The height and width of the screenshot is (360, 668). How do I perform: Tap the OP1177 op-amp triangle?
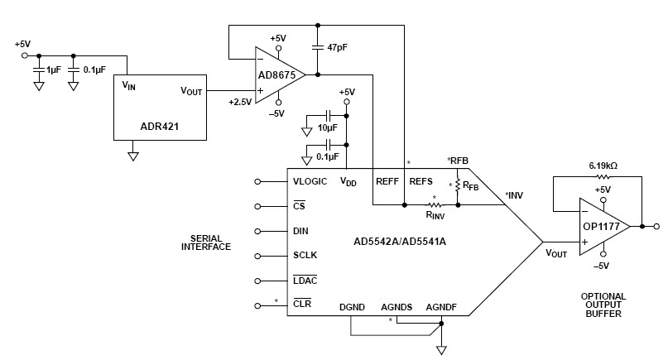pyautogui.click(x=601, y=226)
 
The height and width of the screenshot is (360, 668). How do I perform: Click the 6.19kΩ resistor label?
pyautogui.click(x=602, y=166)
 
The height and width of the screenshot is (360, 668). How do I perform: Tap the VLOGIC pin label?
pyautogui.click(x=310, y=181)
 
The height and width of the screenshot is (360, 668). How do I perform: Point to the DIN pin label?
pyautogui.click(x=301, y=231)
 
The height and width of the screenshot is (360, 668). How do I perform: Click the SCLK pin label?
pyautogui.click(x=305, y=256)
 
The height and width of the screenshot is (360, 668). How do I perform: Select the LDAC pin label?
pyautogui.click(x=305, y=281)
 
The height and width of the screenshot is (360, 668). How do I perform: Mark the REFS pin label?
pyautogui.click(x=421, y=181)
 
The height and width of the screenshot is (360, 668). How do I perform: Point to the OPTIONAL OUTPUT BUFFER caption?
pyautogui.click(x=603, y=305)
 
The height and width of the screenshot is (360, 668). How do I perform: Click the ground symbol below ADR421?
pyautogui.click(x=132, y=154)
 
